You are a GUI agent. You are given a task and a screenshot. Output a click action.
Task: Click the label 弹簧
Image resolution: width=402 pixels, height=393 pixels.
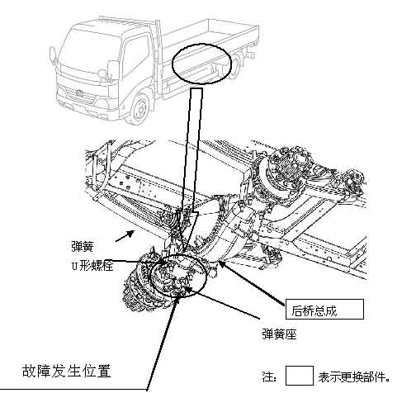tap(83, 246)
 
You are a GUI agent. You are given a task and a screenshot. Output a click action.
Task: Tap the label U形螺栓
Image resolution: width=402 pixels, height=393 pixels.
tap(92, 266)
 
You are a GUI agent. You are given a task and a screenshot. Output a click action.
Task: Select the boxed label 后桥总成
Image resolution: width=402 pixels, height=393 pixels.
tap(324, 310)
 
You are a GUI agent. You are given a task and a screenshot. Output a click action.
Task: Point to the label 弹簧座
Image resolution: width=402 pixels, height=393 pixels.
tap(279, 334)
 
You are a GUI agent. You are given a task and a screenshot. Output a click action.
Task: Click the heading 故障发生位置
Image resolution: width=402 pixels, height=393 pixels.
tap(66, 371)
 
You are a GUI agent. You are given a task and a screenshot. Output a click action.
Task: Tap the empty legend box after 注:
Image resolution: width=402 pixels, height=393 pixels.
tap(300, 376)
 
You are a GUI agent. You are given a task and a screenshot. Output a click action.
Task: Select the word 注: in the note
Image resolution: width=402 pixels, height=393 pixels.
tap(269, 376)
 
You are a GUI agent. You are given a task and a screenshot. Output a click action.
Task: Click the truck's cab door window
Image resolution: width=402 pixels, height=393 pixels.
tap(135, 55)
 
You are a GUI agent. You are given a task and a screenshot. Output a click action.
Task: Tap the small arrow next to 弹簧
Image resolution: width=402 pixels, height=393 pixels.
tap(125, 236)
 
